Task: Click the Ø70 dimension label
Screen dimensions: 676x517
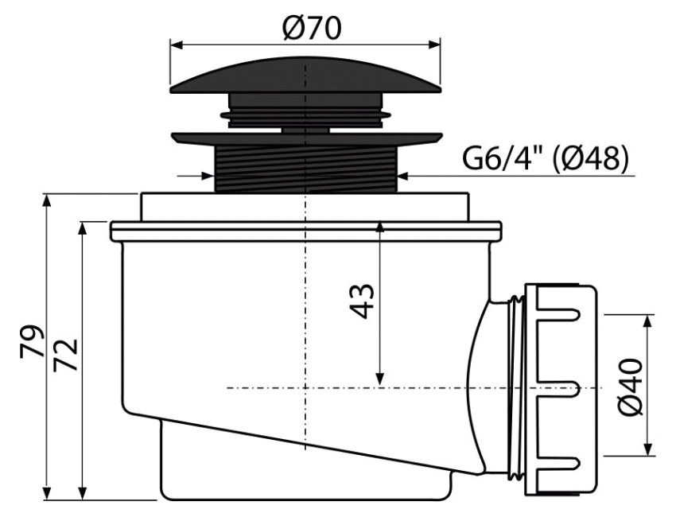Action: coord(312,28)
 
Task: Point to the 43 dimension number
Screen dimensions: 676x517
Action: coord(361,301)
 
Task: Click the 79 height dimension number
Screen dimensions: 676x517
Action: coord(32,341)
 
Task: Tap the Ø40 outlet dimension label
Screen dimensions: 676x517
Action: coord(631,387)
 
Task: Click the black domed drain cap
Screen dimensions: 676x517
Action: coord(305,76)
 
